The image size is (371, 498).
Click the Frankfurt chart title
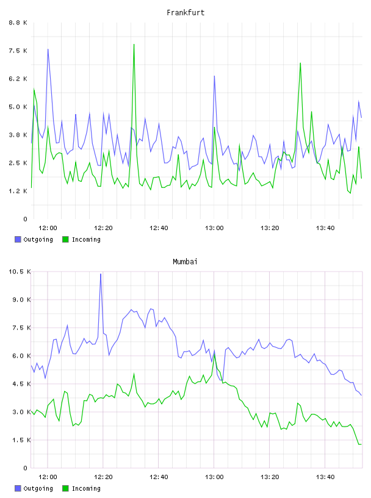pyautogui.click(x=185, y=13)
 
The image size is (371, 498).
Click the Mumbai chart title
pyautogui.click(x=185, y=262)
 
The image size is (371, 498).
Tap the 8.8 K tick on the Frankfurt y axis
pyautogui.click(x=18, y=23)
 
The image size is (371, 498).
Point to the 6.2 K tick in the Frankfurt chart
pyautogui.click(x=18, y=79)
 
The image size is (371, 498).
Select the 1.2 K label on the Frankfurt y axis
pyautogui.click(x=18, y=191)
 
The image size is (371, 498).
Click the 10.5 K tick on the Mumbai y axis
pyautogui.click(x=20, y=272)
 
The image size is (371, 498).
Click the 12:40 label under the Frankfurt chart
pyautogui.click(x=159, y=228)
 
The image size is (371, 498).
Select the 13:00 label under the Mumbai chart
pyautogui.click(x=214, y=477)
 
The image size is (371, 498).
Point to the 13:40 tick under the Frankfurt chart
pyautogui.click(x=325, y=228)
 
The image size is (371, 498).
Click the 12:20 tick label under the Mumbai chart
pyautogui.click(x=103, y=477)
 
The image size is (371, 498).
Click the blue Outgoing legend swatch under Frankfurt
pyautogui.click(x=18, y=239)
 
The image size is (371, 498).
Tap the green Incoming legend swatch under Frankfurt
pyautogui.click(x=65, y=239)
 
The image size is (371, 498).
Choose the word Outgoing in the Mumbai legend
pyautogui.click(x=38, y=488)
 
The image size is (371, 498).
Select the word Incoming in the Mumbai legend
pyautogui.click(x=86, y=488)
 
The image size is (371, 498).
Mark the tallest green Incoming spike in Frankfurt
pyautogui.click(x=134, y=45)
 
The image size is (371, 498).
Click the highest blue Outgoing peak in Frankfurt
pyautogui.click(x=48, y=49)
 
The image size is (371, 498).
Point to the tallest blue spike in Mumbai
pyautogui.click(x=101, y=274)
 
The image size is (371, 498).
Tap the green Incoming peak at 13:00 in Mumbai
pyautogui.click(x=215, y=354)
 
